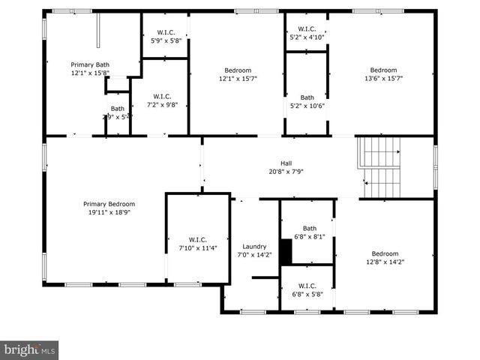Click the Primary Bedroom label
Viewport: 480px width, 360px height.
(109, 204)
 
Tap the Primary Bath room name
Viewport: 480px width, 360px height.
(90, 65)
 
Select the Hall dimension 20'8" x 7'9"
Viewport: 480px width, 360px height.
(286, 172)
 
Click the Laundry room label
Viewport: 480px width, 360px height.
(255, 247)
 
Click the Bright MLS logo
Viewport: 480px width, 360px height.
(29, 349)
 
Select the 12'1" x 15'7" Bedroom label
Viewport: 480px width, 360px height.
(235, 70)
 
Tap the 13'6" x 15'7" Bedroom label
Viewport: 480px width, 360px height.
(383, 70)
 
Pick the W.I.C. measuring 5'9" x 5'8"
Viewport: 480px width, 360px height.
(165, 32)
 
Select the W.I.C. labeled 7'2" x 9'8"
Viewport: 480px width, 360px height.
(163, 97)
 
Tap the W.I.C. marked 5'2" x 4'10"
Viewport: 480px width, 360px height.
(307, 29)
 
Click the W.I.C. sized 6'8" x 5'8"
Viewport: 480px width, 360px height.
(307, 286)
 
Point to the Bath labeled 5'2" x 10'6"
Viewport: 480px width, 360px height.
(307, 97)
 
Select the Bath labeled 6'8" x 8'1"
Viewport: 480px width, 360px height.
(310, 229)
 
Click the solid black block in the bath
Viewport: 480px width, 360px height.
(285, 251)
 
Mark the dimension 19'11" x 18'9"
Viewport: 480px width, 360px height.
(109, 212)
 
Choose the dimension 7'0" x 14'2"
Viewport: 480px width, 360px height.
(255, 255)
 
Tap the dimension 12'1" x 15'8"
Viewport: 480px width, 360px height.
(90, 73)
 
